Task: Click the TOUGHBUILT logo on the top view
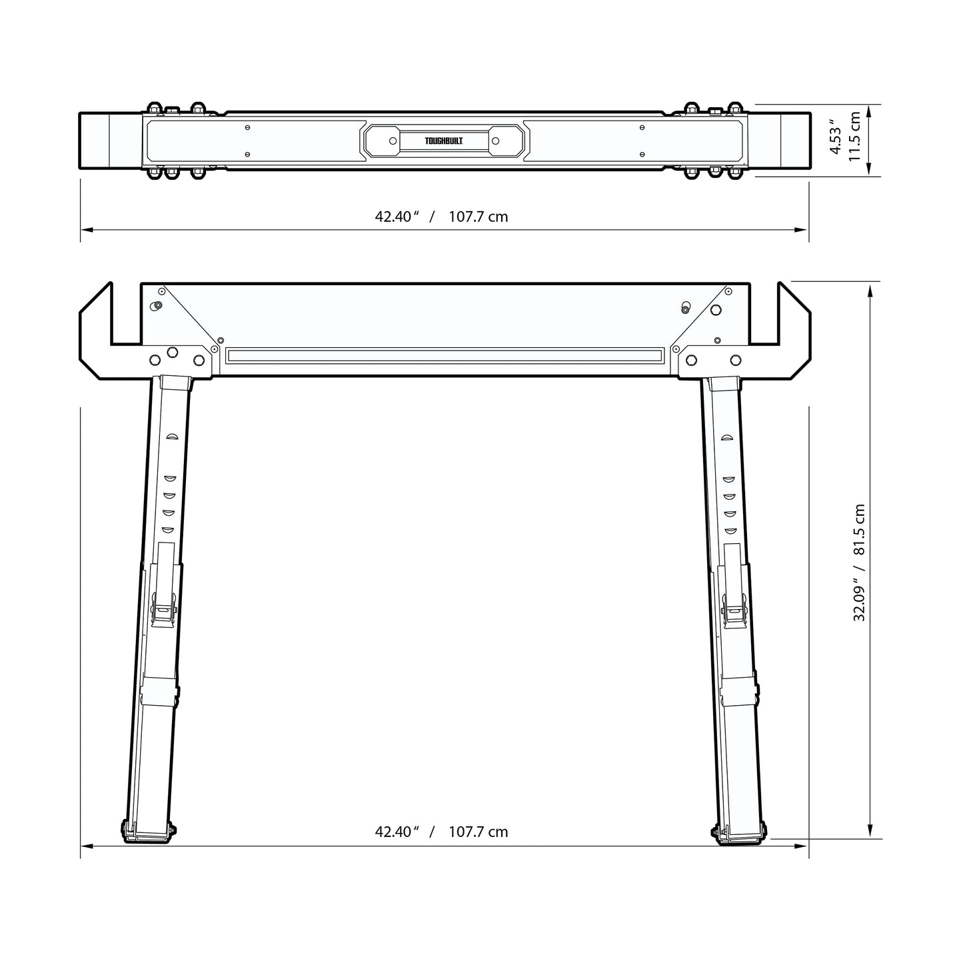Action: (444, 141)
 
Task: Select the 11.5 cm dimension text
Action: (855, 137)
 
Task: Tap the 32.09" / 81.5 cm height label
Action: (860, 563)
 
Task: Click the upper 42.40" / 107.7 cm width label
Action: (441, 217)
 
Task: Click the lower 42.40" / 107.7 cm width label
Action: (441, 832)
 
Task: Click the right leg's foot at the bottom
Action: (739, 833)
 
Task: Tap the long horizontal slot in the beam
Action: (445, 355)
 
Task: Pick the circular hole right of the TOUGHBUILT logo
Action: (495, 141)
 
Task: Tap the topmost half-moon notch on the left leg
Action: (171, 437)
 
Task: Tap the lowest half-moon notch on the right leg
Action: (731, 530)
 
